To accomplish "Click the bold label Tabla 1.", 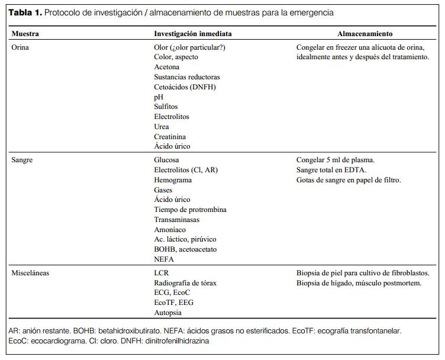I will coord(25,12).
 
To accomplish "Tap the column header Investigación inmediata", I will coord(193,34).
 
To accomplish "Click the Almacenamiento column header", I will coord(365,34).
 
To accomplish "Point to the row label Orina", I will coord(20,47).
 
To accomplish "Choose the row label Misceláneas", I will coord(30,273).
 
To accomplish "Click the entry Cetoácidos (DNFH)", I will coord(185,87).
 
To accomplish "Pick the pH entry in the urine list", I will coord(158,97).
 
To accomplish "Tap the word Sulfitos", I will coord(167,107).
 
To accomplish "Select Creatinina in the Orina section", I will coord(170,136).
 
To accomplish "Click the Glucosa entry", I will coord(167,160).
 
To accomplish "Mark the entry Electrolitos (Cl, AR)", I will coord(186,170).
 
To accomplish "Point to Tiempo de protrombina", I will coord(190,210).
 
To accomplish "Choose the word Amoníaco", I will coord(170,230).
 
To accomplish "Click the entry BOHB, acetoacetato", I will coord(185,249).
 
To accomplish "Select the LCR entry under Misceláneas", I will coord(162,273).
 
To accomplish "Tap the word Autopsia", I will coord(167,313).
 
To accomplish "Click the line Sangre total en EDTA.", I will coord(331,170).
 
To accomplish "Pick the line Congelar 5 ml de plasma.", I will coord(335,160).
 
